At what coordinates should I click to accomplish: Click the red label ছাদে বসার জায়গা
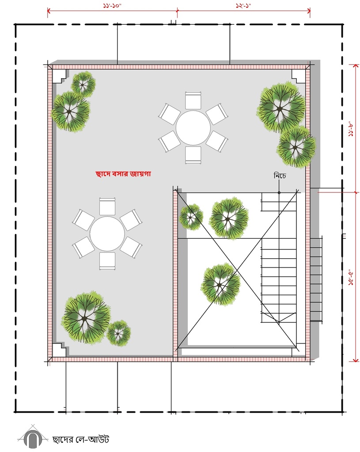point(123,174)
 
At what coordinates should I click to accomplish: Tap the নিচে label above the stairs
point(280,176)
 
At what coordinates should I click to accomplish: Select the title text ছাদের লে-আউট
point(81,439)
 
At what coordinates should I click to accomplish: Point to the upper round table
point(193,128)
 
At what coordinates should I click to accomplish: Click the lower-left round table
point(107,234)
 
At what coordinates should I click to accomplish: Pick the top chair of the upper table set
point(193,101)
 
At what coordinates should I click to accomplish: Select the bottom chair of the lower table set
point(107,261)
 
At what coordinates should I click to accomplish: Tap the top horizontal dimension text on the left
point(112,6)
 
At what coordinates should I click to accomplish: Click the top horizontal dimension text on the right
point(243,6)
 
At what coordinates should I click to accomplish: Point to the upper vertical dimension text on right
point(351,128)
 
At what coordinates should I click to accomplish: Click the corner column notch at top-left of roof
point(60,76)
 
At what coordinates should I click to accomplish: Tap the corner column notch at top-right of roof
point(299,76)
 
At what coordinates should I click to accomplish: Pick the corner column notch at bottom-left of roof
point(60,350)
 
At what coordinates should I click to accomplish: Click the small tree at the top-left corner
point(83,84)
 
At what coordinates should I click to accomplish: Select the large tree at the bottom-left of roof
point(85,318)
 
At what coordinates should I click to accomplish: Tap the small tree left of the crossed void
point(191,217)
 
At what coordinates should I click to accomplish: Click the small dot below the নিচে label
point(279,192)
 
